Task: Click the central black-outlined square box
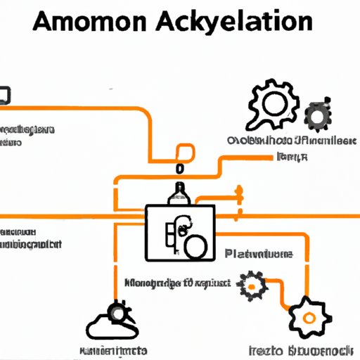[x=180, y=233]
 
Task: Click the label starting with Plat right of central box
[x=259, y=253]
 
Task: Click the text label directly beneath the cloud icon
[x=112, y=349]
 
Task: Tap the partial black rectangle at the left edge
[x=4, y=95]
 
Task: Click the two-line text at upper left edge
[x=27, y=135]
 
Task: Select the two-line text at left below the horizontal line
[x=30, y=238]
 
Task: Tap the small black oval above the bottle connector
[x=180, y=169]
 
